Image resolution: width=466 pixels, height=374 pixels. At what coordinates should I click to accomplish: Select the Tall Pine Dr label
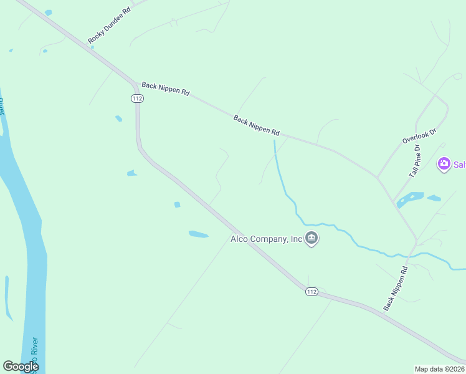pos(415,162)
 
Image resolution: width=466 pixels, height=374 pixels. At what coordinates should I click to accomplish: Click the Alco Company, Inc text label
pos(267,238)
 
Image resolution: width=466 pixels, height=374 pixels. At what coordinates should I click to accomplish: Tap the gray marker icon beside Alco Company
pos(312,239)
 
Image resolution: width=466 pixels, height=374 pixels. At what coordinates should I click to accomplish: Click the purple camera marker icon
pos(444,165)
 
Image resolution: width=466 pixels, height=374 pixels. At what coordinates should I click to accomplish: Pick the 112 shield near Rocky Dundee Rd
pos(137,98)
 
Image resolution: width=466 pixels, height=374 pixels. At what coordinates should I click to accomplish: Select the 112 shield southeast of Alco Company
pos(311,291)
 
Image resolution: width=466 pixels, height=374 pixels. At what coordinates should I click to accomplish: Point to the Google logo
pos(21,367)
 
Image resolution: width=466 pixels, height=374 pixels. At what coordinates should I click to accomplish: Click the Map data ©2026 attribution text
pos(440,369)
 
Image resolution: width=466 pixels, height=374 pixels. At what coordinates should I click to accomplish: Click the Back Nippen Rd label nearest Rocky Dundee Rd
pos(165,89)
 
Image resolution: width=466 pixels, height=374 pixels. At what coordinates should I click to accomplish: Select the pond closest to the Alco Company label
pos(198,234)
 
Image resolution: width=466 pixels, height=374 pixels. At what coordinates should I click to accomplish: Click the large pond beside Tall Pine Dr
pos(410,199)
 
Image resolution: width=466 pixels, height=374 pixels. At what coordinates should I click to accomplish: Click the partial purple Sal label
pos(459,165)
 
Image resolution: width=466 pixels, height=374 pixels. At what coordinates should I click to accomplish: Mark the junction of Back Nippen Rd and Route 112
pos(134,83)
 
